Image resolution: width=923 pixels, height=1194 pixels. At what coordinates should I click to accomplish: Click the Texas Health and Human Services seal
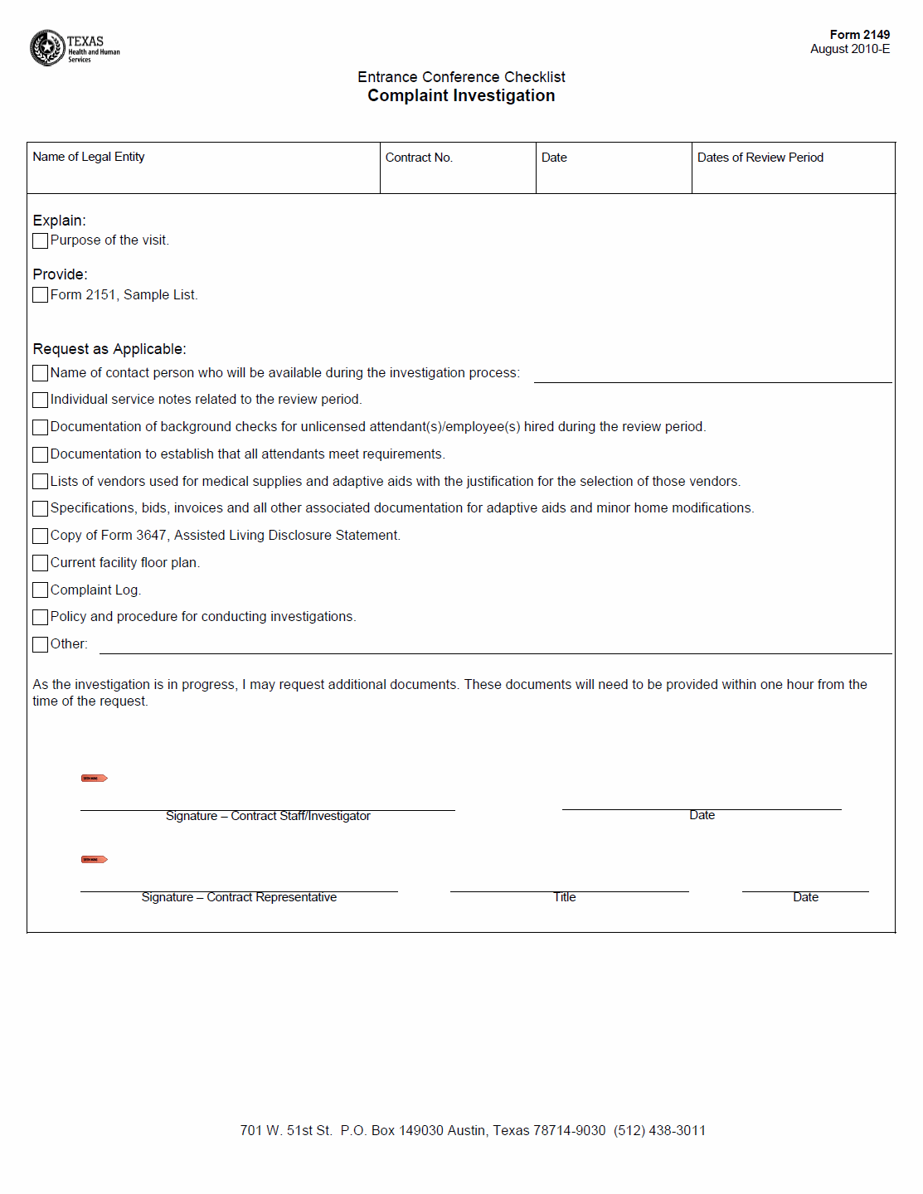click(x=47, y=48)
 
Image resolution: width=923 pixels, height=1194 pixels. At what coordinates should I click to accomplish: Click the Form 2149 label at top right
click(x=859, y=35)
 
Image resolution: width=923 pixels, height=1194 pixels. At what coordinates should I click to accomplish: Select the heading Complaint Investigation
click(x=461, y=96)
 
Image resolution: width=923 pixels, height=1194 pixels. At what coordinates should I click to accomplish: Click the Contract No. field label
click(x=419, y=158)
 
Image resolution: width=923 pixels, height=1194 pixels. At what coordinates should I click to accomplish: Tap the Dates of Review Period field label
click(x=760, y=158)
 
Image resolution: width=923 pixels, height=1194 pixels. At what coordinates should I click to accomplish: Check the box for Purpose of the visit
click(x=41, y=241)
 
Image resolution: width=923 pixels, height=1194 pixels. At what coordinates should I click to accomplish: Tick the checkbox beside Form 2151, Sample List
click(x=41, y=295)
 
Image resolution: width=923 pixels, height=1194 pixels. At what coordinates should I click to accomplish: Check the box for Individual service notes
click(x=41, y=400)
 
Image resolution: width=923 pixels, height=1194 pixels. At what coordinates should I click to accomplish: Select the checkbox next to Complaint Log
click(x=41, y=590)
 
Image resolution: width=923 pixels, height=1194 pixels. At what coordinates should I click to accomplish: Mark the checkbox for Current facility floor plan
click(x=41, y=563)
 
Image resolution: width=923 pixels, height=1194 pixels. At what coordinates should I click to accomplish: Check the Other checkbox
click(x=41, y=644)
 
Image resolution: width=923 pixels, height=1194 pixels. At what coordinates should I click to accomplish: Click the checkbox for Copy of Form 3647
click(x=41, y=536)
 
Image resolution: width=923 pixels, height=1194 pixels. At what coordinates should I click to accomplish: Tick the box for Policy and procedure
click(x=41, y=617)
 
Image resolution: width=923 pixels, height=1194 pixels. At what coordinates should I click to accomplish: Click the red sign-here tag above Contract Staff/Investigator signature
click(x=94, y=779)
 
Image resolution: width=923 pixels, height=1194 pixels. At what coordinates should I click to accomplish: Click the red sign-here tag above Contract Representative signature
click(x=94, y=860)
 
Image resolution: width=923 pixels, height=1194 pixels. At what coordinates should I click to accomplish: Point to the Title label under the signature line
click(x=565, y=898)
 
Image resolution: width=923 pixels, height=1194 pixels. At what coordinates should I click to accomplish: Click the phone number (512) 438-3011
click(x=659, y=1131)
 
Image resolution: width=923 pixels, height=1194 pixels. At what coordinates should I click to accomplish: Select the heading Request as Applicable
click(x=109, y=349)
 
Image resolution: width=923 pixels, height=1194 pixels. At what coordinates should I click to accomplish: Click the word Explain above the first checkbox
click(x=59, y=221)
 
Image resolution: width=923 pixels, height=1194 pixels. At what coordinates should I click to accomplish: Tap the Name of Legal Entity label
click(x=89, y=157)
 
